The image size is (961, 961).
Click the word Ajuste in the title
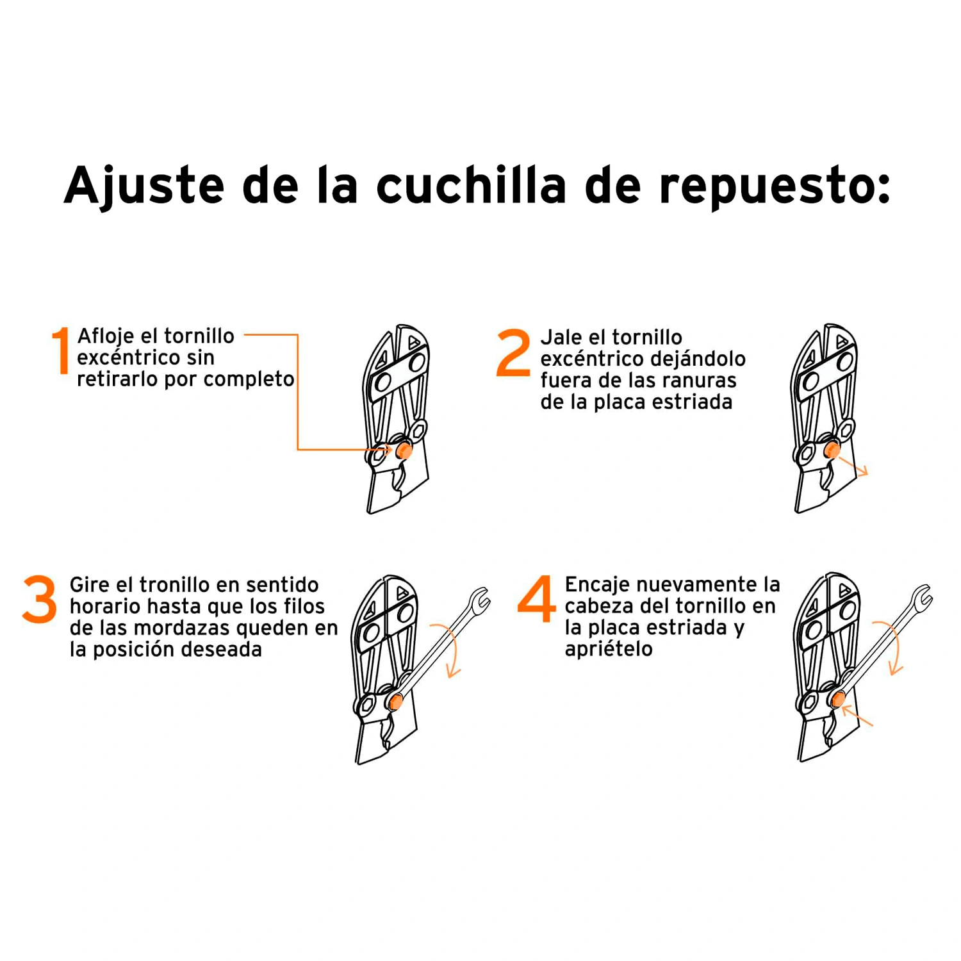pyautogui.click(x=144, y=186)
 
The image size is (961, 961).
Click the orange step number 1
pyautogui.click(x=61, y=350)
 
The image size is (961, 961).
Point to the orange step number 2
pyautogui.click(x=514, y=352)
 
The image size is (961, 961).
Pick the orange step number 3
pyautogui.click(x=40, y=599)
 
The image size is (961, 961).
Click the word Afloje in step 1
pyautogui.click(x=106, y=337)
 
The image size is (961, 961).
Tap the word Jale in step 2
pyautogui.click(x=561, y=338)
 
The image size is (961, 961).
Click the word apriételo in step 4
pyautogui.click(x=609, y=650)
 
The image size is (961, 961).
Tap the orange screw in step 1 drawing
pyautogui.click(x=404, y=450)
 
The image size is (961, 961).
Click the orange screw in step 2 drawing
pyautogui.click(x=832, y=450)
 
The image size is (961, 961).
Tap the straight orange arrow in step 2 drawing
pyautogui.click(x=852, y=466)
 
